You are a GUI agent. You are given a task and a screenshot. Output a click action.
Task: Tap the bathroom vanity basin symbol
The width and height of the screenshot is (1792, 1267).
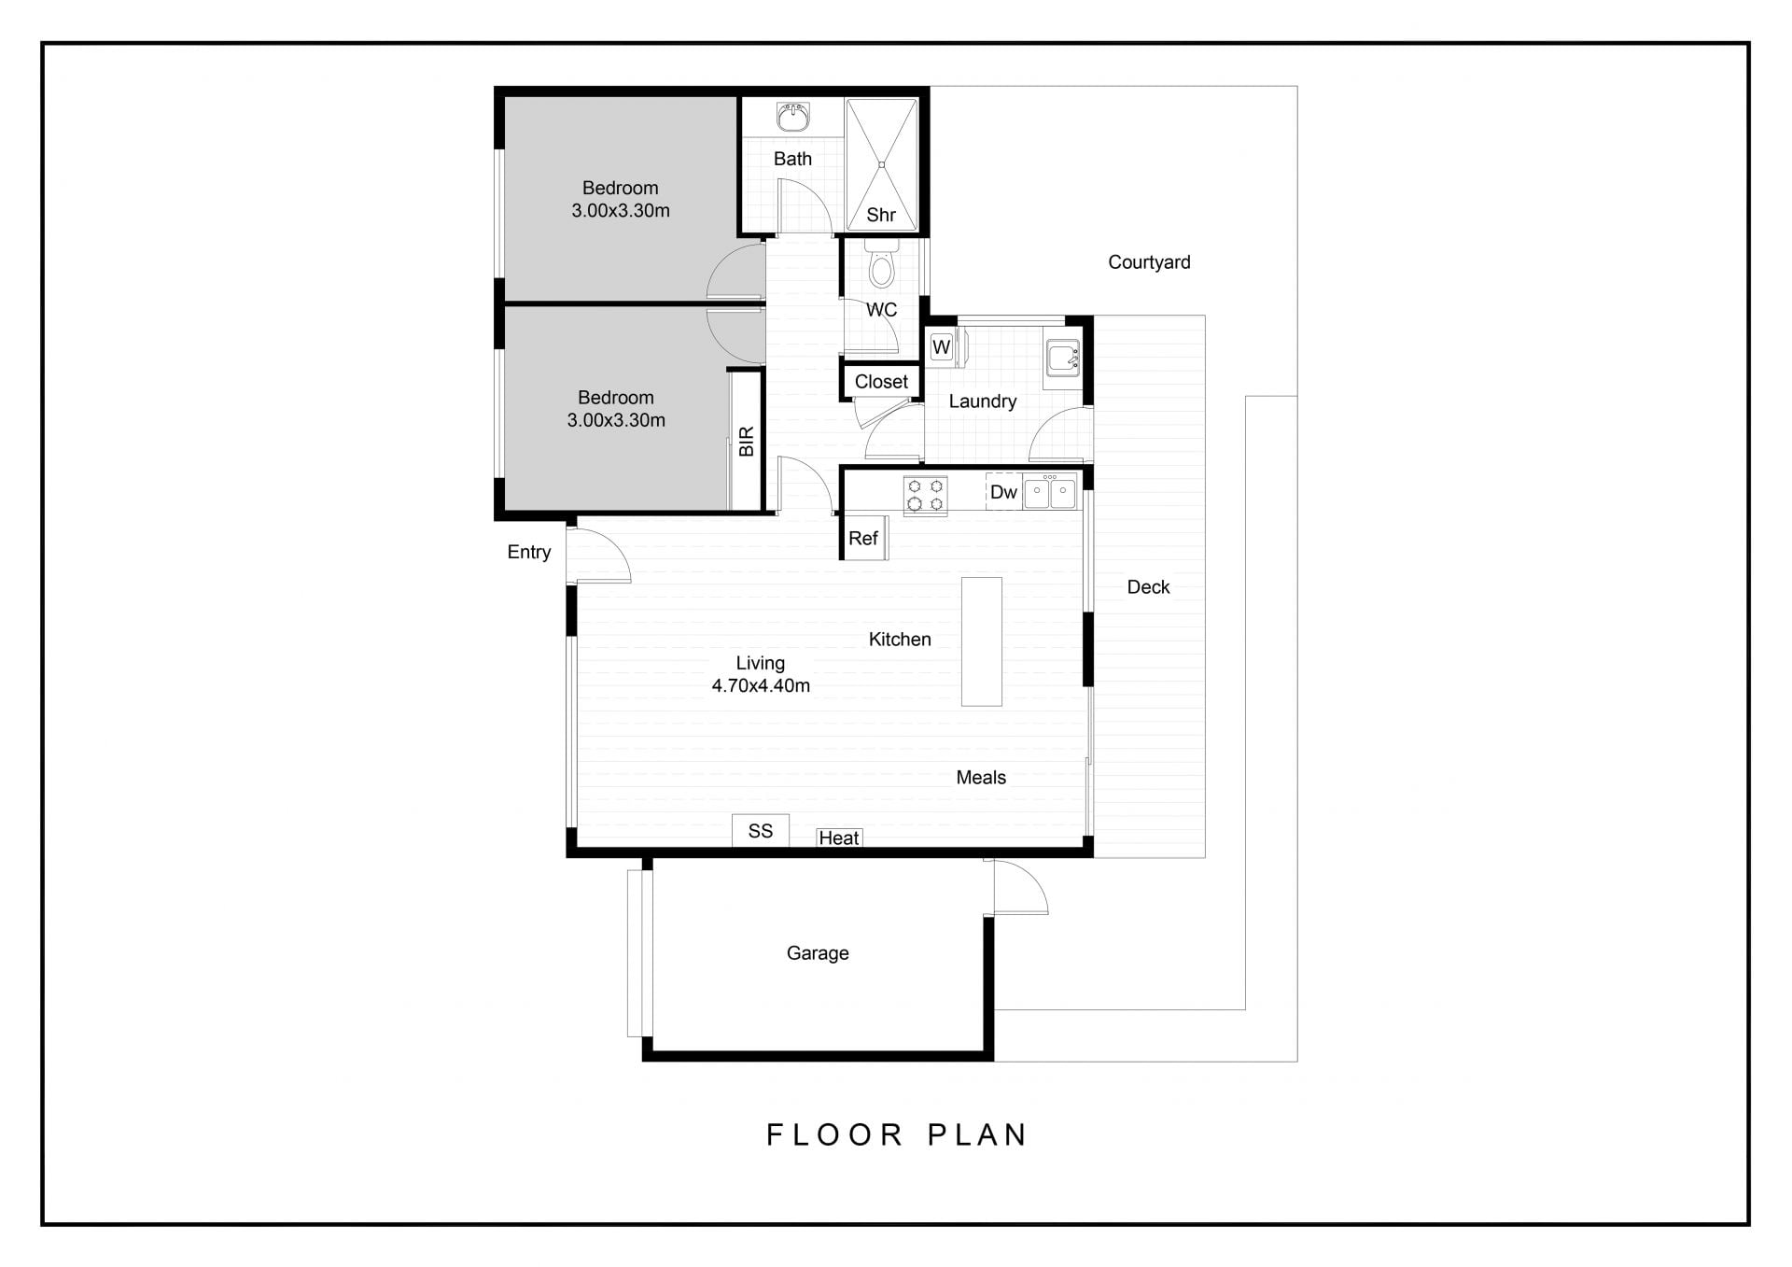click(x=793, y=118)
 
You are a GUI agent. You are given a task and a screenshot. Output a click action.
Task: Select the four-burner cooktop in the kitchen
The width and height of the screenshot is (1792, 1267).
click(x=925, y=495)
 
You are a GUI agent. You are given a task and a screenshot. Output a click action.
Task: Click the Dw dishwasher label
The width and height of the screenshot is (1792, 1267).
click(x=1003, y=492)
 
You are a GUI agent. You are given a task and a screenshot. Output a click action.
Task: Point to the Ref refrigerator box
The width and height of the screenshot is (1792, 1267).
click(x=864, y=538)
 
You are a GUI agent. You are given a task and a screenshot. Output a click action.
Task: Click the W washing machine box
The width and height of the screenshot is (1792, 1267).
click(x=942, y=347)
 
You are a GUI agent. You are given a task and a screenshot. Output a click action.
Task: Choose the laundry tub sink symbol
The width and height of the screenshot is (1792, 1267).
click(x=1063, y=359)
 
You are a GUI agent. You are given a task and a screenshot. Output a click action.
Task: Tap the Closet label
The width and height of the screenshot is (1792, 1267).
click(x=881, y=381)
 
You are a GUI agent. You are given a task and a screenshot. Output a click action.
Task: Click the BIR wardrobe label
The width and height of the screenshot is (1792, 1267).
click(x=747, y=442)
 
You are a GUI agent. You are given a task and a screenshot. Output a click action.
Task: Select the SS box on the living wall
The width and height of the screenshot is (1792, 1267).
click(x=761, y=831)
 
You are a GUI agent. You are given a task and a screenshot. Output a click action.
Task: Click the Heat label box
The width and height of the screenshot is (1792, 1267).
click(x=839, y=838)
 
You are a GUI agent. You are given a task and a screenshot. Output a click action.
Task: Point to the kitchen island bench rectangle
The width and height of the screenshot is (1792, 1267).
click(x=982, y=641)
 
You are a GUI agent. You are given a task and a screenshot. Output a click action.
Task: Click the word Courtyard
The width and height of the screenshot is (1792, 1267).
click(x=1149, y=262)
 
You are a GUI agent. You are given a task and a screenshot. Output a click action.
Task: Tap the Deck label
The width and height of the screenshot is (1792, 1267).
click(x=1148, y=587)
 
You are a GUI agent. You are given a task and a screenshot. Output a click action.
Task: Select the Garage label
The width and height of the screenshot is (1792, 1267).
click(x=818, y=953)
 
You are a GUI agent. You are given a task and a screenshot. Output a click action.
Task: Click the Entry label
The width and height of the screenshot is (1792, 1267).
click(x=529, y=552)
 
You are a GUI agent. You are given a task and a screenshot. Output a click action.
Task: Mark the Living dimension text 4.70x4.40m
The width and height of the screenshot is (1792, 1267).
click(x=761, y=685)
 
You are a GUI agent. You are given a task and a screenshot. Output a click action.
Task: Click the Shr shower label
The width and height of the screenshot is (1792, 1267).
click(x=881, y=215)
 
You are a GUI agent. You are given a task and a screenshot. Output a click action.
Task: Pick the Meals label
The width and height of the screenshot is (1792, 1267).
click(x=981, y=777)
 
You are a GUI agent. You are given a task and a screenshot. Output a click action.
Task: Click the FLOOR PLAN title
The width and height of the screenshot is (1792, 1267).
click(x=897, y=1134)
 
